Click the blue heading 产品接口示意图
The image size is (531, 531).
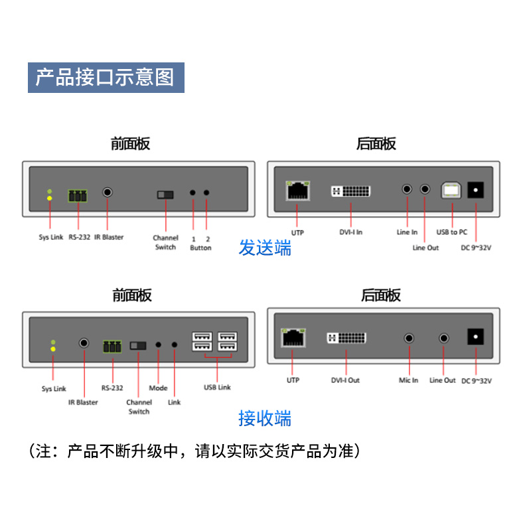105,77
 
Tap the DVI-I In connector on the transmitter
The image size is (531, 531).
350,192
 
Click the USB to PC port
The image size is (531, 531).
452,190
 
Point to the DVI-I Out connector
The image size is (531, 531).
346,338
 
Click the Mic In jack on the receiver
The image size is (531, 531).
409,338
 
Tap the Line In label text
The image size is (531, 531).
407,232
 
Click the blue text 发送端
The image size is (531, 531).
265,249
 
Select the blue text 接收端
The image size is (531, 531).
265,419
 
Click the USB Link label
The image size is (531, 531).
217,388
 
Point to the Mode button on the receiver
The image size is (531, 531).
159,345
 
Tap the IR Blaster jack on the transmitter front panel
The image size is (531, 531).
108,192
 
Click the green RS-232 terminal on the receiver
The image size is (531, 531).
112,346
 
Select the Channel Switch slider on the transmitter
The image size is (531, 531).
165,195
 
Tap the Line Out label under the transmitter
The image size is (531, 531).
425,248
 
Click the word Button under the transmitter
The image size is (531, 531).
200,248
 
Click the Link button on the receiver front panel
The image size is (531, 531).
175,345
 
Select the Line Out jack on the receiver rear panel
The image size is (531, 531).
444,338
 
